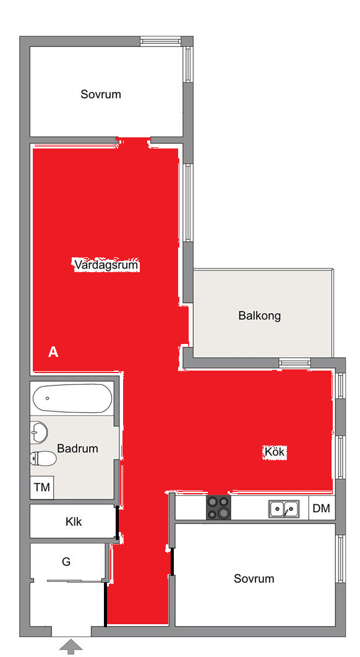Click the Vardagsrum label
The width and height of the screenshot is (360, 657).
(106, 265)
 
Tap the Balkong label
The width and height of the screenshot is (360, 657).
(259, 315)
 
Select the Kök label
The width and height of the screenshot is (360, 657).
(275, 452)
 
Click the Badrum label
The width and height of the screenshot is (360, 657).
(77, 449)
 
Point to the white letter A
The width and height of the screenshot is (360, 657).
(53, 353)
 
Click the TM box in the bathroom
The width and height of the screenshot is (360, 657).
(42, 487)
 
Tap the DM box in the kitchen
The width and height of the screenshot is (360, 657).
(322, 509)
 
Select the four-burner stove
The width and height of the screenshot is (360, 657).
(218, 507)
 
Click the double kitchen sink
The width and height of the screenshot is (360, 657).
(284, 509)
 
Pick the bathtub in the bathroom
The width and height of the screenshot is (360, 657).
(72, 398)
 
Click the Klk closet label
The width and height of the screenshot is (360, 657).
(74, 522)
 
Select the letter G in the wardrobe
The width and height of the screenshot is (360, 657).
(66, 562)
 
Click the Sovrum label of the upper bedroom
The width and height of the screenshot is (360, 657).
(101, 94)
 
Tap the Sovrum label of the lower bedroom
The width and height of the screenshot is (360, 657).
(254, 578)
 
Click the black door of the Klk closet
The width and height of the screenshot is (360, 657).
(117, 522)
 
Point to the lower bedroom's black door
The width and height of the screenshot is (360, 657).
(172, 562)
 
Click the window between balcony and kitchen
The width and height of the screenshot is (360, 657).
(295, 363)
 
